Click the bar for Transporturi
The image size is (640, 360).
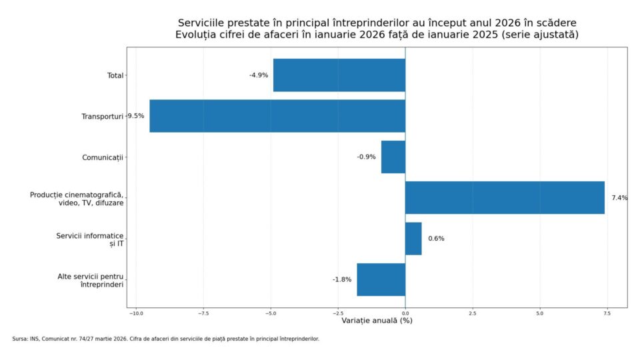[277, 116]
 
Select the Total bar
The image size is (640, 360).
[339, 75]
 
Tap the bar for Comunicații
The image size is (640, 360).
[393, 157]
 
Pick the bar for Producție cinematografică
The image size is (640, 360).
[505, 197]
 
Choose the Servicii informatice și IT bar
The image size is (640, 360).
[413, 239]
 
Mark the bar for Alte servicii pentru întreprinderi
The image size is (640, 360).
[381, 279]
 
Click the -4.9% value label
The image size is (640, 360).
[259, 75]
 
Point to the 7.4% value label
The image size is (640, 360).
[619, 198]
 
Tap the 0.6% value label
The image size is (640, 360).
[436, 239]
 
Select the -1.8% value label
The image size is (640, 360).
[342, 279]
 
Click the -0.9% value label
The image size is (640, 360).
[366, 157]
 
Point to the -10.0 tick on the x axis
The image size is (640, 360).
[135, 313]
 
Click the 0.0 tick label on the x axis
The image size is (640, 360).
[405, 313]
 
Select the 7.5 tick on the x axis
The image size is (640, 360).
[607, 313]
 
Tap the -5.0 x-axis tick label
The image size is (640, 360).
[270, 313]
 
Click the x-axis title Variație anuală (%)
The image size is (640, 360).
[377, 321]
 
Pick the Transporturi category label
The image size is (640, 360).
[103, 116]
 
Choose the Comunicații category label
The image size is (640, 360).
[103, 157]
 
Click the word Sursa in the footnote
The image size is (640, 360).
[20, 339]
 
